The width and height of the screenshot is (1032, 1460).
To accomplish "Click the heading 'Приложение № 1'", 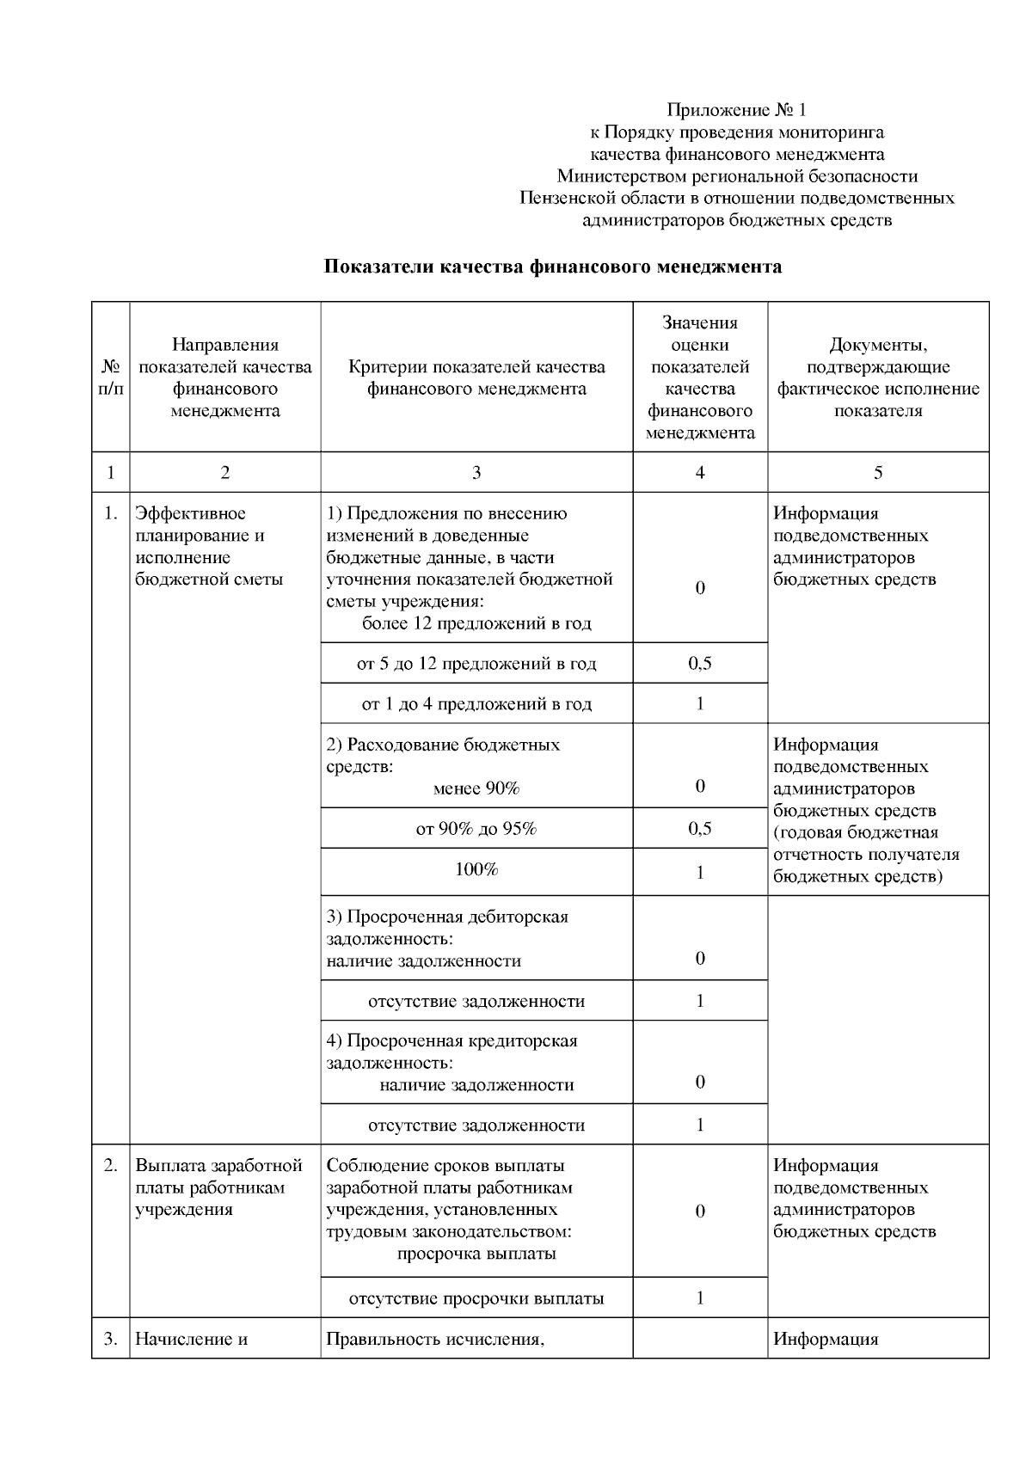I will [x=737, y=110].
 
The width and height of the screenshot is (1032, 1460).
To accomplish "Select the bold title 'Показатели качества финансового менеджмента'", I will [x=552, y=267].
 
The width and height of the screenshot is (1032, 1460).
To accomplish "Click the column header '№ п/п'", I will [x=110, y=377].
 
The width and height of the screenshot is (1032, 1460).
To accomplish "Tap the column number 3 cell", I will [x=476, y=472].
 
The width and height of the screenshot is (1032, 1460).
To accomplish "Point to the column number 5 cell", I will [x=877, y=472].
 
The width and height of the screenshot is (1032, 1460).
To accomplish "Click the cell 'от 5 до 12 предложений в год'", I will [x=476, y=664].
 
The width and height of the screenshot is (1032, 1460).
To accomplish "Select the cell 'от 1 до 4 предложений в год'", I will [x=476, y=704].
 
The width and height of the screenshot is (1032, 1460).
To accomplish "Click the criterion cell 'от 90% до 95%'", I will [x=476, y=829].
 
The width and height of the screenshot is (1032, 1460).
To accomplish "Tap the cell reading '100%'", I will [x=476, y=869].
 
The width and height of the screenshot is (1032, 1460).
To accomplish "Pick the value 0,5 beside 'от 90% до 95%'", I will [x=700, y=829].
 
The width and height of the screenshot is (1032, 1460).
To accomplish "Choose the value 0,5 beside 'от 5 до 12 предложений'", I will [x=700, y=664].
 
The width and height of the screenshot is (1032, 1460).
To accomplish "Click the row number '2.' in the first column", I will [x=110, y=1166].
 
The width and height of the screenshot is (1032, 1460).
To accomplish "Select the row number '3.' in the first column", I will [x=110, y=1339].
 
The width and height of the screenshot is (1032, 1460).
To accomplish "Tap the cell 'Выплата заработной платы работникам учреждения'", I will [x=219, y=1187].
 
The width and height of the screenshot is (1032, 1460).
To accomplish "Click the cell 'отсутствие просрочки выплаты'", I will [x=476, y=1298].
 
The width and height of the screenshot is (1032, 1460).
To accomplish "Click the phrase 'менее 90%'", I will [x=476, y=788].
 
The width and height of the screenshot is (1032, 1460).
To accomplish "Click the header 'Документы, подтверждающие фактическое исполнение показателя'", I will [x=877, y=377].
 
